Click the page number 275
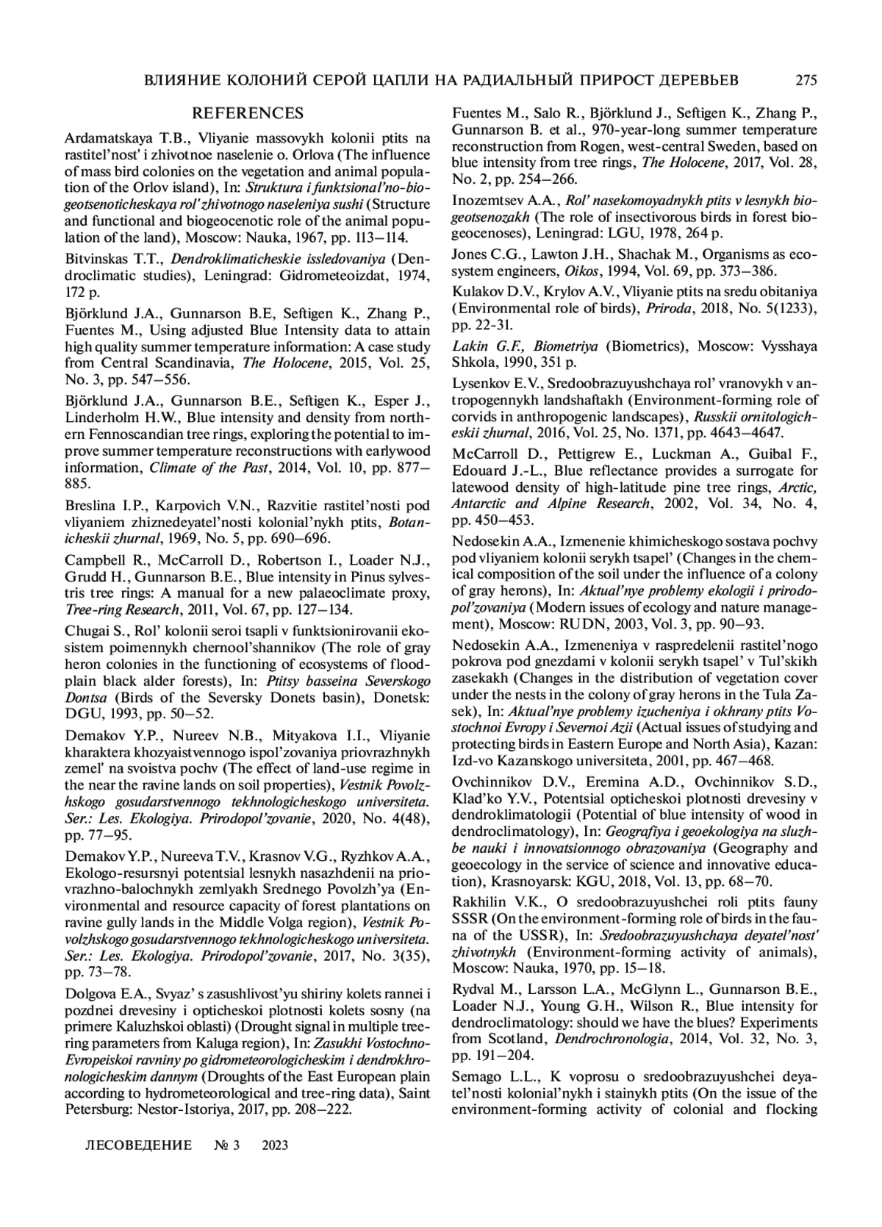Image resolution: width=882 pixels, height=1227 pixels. click(x=806, y=79)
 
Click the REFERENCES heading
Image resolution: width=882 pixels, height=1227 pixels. click(x=247, y=113)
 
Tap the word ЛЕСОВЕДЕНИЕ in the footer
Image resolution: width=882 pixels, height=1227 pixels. click(x=139, y=1145)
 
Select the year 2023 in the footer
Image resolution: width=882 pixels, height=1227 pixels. click(x=274, y=1145)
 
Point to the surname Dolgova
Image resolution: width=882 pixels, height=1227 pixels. click(x=91, y=993)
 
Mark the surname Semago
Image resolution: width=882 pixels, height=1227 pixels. click(x=478, y=1076)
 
